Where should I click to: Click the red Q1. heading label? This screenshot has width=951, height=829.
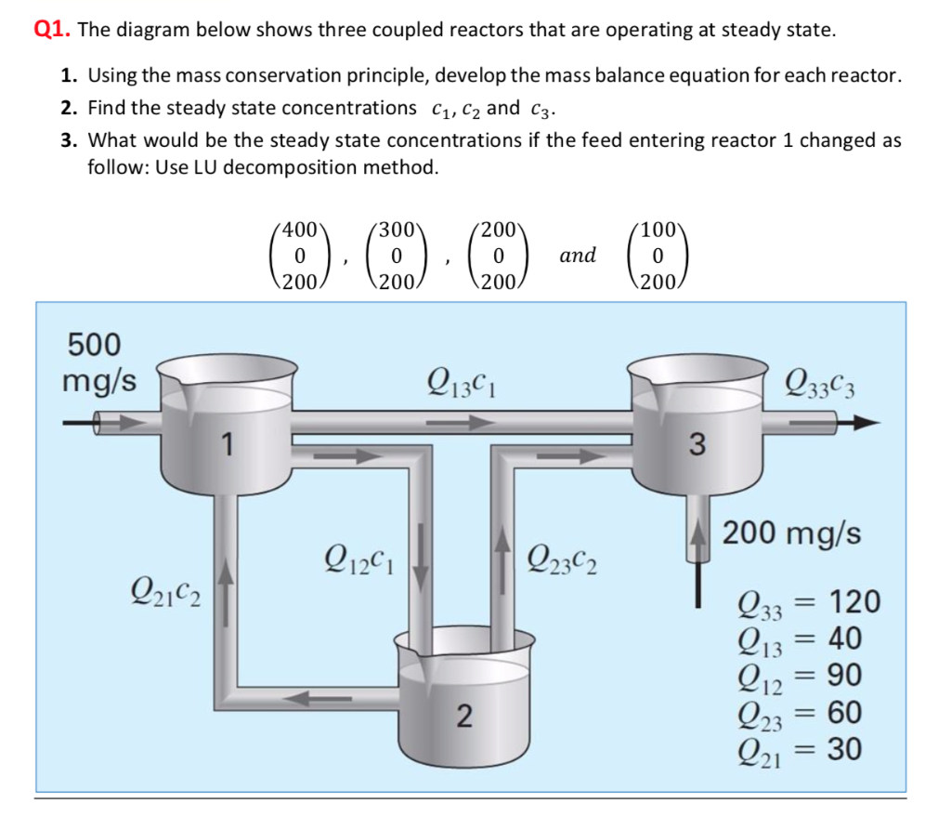point(53,29)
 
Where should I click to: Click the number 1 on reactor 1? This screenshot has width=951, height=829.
point(226,446)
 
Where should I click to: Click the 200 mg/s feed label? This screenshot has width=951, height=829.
point(791,534)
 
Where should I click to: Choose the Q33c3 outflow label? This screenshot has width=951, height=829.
point(818,381)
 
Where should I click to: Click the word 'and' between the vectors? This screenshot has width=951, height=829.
point(578,255)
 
